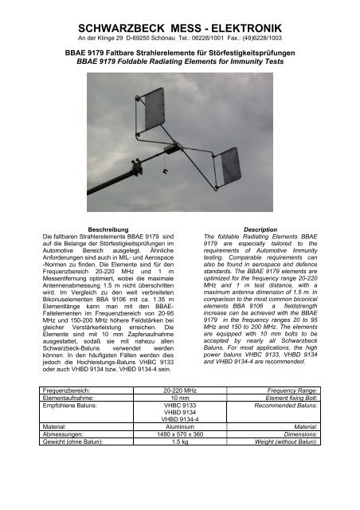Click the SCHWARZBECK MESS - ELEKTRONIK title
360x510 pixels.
179,14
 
